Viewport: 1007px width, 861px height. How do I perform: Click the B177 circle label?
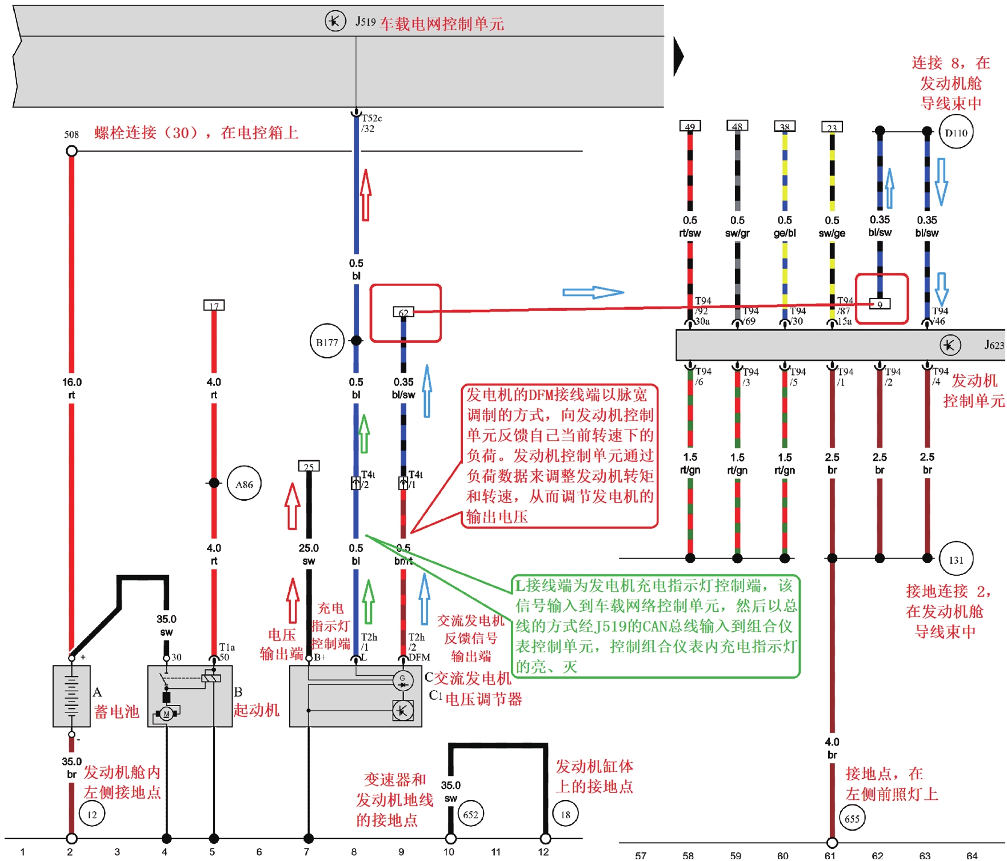(327, 342)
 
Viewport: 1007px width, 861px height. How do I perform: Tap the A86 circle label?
(244, 484)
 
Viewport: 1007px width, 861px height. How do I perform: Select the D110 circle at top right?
(956, 133)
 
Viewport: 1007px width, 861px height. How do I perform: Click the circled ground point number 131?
(956, 559)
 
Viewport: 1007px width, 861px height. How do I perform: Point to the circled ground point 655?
(852, 819)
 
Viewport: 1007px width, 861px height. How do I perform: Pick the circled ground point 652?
(470, 814)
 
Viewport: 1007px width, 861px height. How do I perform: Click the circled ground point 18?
(565, 814)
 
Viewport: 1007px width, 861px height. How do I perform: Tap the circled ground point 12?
(92, 814)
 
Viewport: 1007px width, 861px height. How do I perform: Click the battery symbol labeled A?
(71, 696)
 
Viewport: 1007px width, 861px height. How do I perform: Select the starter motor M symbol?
(166, 713)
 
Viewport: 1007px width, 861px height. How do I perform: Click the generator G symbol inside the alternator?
(402, 680)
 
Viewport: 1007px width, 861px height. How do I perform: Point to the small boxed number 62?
(403, 312)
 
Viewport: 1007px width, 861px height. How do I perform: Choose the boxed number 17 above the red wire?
(214, 305)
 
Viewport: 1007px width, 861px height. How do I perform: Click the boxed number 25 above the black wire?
(309, 467)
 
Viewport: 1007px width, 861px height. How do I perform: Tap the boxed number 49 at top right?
(690, 126)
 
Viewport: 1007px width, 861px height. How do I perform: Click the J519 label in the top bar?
(365, 22)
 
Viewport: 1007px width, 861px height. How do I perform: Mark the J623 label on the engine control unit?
(994, 345)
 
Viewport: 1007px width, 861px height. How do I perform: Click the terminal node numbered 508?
(71, 151)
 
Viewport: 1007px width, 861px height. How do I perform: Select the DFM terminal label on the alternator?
(419, 657)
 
